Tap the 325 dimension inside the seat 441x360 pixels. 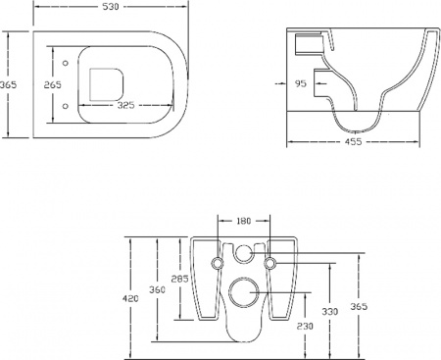[124, 102]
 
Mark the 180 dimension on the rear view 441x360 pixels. [243, 222]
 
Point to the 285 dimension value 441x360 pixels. [180, 278]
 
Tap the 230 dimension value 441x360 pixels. [306, 326]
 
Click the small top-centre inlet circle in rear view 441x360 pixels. [242, 254]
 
